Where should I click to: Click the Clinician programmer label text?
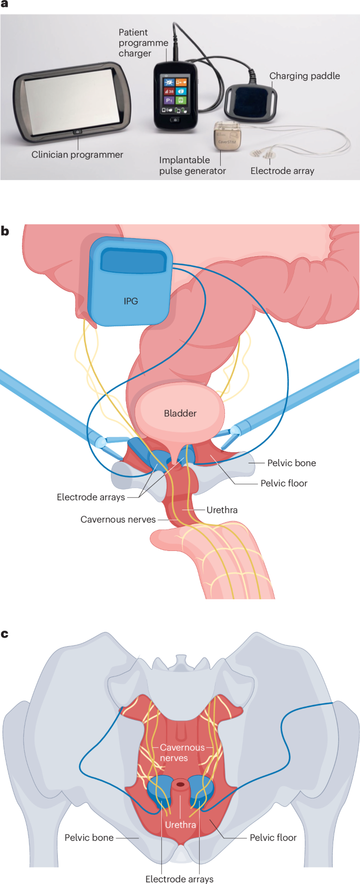[x=77, y=154]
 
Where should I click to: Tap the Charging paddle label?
[x=304, y=76]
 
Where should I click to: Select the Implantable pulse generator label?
[x=192, y=165]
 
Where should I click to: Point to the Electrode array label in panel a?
[x=282, y=171]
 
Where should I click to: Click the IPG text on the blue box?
[x=131, y=301]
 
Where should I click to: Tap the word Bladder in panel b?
[x=180, y=413]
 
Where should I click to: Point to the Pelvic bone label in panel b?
[x=292, y=463]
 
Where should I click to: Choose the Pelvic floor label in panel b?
[x=284, y=483]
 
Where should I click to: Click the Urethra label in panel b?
[x=222, y=510]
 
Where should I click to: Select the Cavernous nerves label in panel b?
[x=118, y=519]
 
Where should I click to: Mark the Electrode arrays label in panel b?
[x=91, y=497]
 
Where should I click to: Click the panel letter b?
[x=5, y=231]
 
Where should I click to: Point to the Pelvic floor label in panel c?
[x=273, y=837]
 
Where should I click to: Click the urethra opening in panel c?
[x=180, y=785]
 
